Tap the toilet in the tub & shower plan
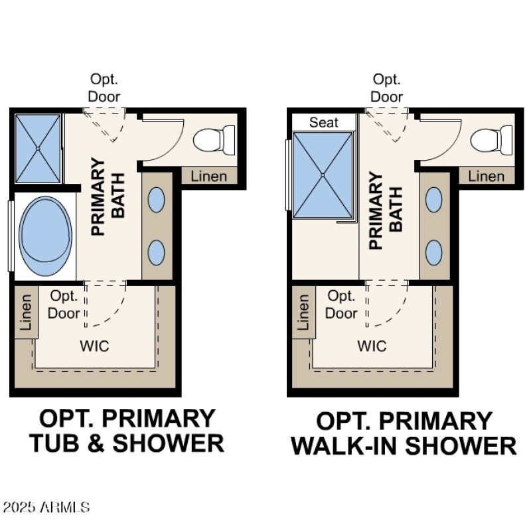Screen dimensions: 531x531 [x=214, y=140]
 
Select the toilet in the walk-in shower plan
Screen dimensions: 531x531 [x=491, y=140]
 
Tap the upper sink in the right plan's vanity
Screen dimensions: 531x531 [x=434, y=200]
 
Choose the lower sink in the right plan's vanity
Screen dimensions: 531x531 [x=434, y=252]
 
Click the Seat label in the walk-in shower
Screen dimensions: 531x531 [x=324, y=122]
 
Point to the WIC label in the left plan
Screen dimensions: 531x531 [x=94, y=346]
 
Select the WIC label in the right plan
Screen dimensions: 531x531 [x=372, y=346]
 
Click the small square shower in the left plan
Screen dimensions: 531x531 [x=38, y=149]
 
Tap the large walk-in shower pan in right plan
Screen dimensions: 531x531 [x=323, y=175]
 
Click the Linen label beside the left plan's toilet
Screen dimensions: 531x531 [x=208, y=176]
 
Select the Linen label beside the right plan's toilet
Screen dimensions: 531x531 [x=486, y=176]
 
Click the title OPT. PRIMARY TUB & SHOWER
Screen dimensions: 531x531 [x=127, y=431]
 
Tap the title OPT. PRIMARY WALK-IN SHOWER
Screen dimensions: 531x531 [x=404, y=433]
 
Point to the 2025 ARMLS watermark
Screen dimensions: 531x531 [x=46, y=508]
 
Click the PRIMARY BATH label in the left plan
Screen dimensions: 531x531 [x=108, y=196]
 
